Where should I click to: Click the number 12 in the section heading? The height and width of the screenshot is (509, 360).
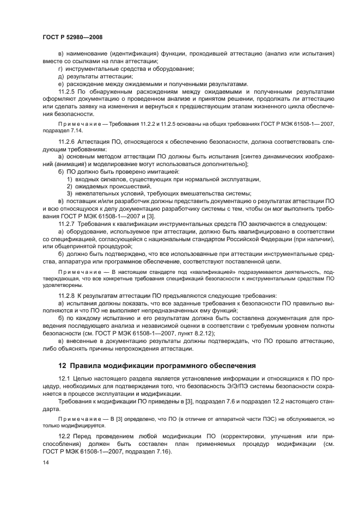pyautogui.click(x=62, y=365)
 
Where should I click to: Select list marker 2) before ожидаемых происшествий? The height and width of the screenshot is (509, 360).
pyautogui.click(x=70, y=186)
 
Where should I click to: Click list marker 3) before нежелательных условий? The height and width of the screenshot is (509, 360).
pyautogui.click(x=70, y=194)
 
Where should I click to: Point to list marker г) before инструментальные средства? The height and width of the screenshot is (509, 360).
pyautogui.click(x=60, y=69)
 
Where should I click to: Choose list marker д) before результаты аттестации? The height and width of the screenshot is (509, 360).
pyautogui.click(x=60, y=76)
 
